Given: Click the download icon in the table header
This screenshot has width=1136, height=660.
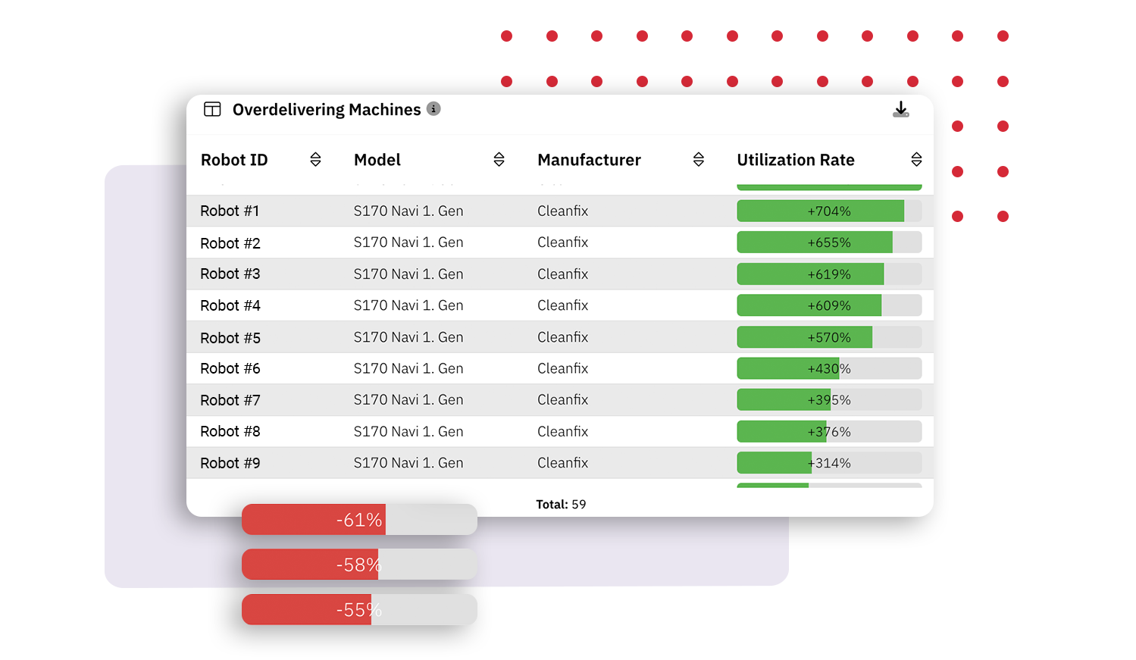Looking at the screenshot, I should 900,110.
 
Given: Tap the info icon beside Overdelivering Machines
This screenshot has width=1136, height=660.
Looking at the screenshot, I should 433,109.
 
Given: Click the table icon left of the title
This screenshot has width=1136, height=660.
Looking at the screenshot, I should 212,109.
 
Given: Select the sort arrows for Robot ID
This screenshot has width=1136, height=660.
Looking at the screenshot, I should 315,159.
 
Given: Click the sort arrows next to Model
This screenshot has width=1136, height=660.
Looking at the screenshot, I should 499,159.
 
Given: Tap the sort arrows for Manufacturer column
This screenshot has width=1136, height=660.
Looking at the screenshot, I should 699,159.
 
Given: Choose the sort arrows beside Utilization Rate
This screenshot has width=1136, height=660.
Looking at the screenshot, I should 916,159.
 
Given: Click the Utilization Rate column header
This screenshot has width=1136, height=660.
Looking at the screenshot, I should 795,160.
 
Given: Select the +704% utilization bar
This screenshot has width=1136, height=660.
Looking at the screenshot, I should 828,211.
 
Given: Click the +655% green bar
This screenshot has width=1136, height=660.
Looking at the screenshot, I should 828,242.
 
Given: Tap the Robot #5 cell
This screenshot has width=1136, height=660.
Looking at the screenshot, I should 230,338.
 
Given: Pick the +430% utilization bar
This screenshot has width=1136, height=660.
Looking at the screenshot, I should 828,369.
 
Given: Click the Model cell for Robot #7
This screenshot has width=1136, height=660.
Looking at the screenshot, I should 408,400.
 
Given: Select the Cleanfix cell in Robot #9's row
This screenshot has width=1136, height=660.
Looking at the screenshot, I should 562,463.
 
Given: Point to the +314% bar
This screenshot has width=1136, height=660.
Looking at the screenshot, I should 828,463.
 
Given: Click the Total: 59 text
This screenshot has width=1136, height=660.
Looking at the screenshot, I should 561,505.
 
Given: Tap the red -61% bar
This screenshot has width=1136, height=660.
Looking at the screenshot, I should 359,520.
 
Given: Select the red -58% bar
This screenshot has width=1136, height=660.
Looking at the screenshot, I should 359,565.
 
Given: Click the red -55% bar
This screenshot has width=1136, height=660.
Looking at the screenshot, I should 359,610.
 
